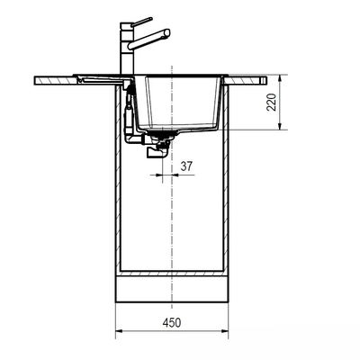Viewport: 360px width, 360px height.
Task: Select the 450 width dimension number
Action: coord(173,319)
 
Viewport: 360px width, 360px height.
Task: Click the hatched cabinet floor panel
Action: coord(173,274)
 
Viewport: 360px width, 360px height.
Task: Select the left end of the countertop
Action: coord(38,81)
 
